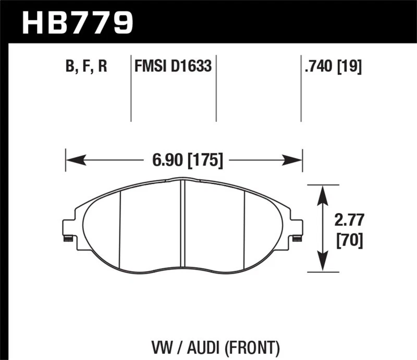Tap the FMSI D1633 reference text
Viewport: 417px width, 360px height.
173,67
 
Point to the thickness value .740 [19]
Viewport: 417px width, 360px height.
332,67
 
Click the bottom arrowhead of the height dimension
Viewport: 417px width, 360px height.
323,265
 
